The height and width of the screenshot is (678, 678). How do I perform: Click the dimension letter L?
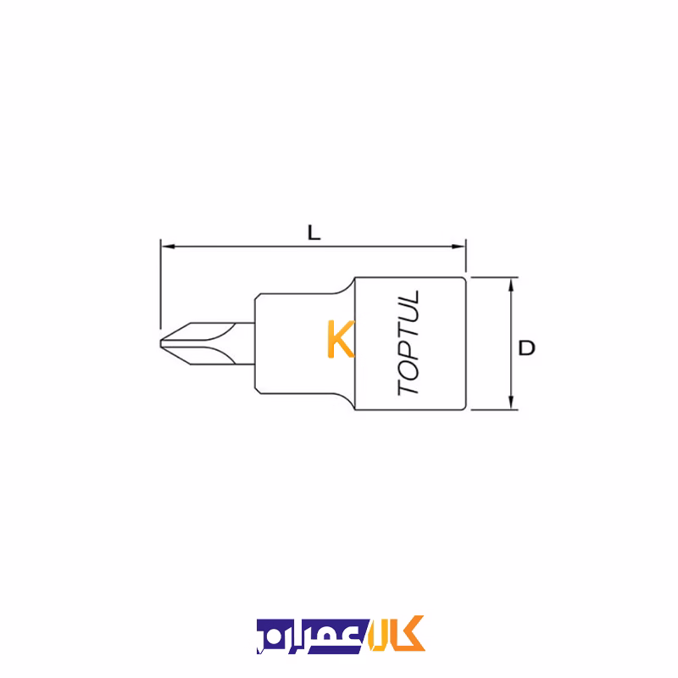[x=314, y=232]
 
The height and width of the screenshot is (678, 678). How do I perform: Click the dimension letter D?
[x=526, y=347]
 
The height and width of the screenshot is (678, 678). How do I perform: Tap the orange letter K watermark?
[x=341, y=339]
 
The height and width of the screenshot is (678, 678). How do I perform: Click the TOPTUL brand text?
[x=408, y=342]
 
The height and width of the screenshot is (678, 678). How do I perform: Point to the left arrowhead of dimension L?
[x=168, y=247]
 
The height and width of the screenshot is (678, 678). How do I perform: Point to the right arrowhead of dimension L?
[x=458, y=247]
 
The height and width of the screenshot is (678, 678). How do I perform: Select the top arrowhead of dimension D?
[x=511, y=285]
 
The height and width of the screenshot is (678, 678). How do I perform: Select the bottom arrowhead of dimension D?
[x=511, y=403]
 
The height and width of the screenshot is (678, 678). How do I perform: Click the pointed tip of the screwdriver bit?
[x=161, y=344]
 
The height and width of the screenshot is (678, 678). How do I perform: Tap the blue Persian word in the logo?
[x=312, y=636]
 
